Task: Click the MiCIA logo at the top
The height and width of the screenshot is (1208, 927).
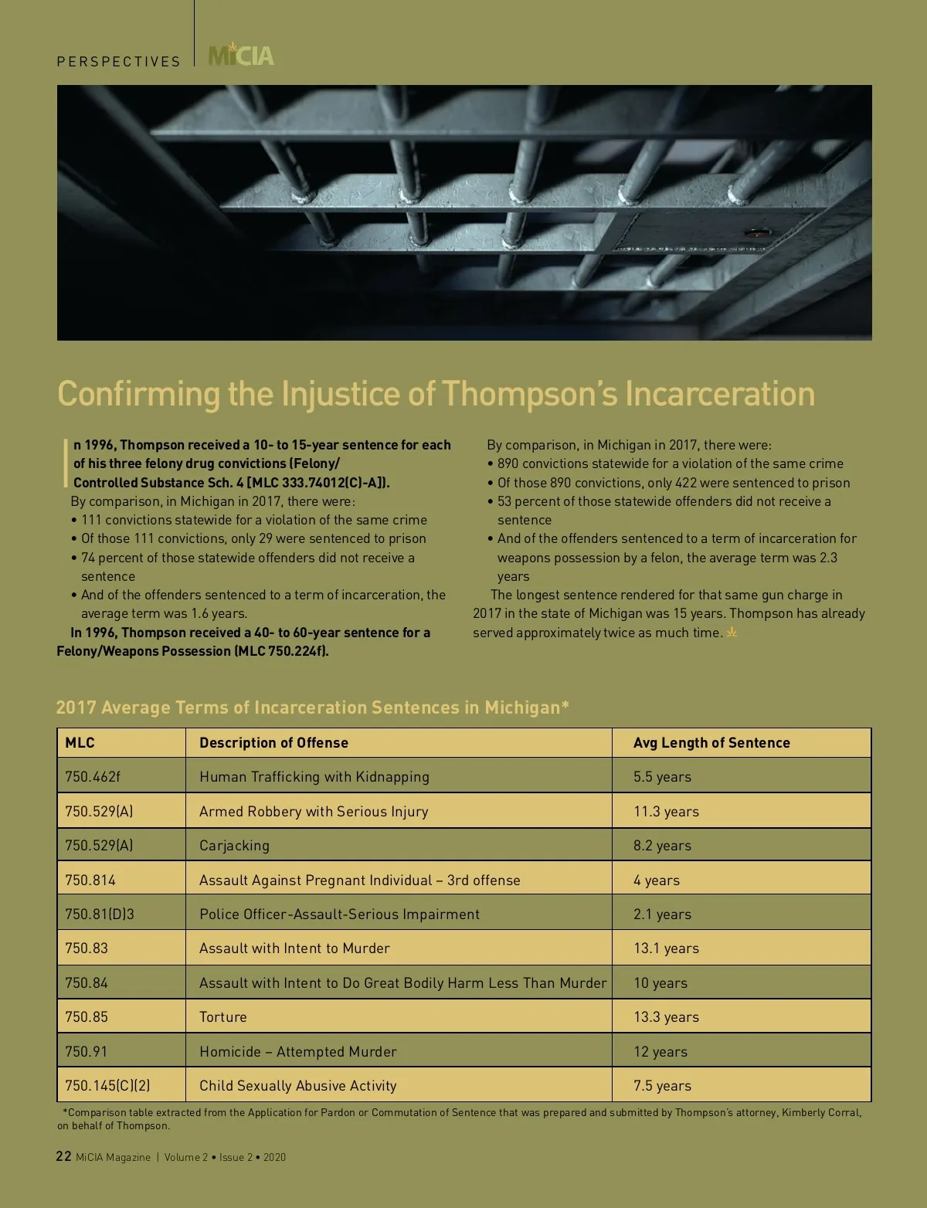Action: (241, 56)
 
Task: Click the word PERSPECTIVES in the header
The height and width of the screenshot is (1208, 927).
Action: (118, 62)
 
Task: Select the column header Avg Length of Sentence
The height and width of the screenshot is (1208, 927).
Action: (711, 743)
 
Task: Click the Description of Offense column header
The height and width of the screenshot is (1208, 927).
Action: (273, 743)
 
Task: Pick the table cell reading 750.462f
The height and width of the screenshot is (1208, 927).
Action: (93, 777)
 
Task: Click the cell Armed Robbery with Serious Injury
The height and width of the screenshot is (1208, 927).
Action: (314, 812)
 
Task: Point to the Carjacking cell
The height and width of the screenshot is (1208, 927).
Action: (234, 846)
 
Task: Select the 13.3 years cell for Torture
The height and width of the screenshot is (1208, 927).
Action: (666, 1017)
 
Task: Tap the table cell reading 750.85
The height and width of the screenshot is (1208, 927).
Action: (87, 1017)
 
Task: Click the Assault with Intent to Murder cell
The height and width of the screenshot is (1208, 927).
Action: (294, 948)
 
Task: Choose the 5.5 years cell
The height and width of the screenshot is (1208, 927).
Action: (662, 777)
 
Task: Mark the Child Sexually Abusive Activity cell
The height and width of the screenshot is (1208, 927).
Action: (297, 1086)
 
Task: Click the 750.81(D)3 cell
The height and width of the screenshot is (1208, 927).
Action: (100, 914)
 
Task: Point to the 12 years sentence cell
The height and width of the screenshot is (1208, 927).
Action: (660, 1052)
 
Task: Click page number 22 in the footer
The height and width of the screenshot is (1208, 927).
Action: (64, 1156)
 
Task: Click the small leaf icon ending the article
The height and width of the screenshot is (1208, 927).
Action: (732, 633)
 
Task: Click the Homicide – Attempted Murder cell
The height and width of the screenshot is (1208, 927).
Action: (297, 1052)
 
